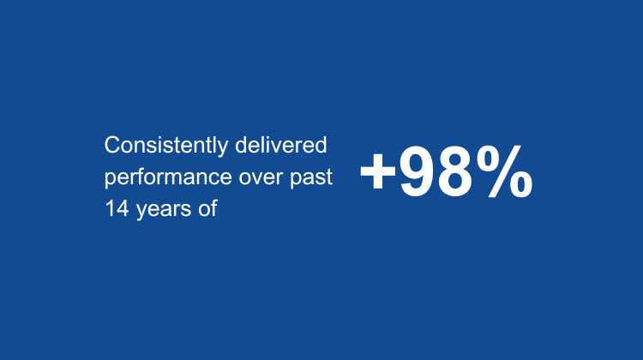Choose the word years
coord(160,209)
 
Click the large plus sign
coord(377,173)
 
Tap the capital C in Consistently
coord(112,146)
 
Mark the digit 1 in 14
coord(110,208)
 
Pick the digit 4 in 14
coord(122,208)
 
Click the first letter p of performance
coord(110,179)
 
